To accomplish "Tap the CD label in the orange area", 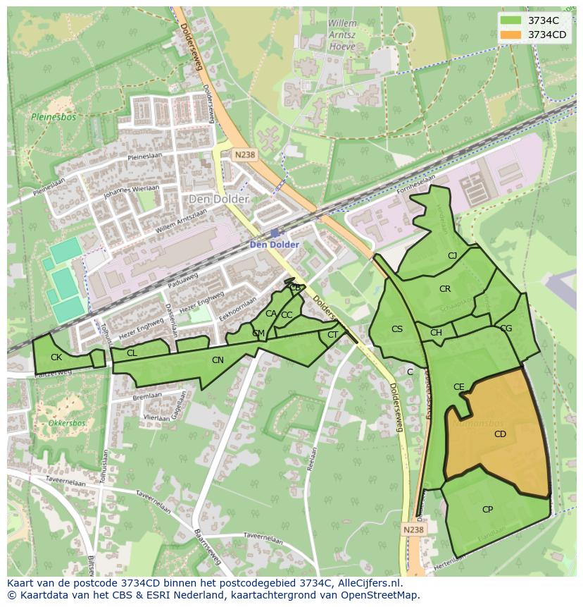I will pyautogui.click(x=500, y=434).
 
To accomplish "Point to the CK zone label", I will pyautogui.click(x=56, y=357).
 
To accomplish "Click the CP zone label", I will pyautogui.click(x=487, y=510).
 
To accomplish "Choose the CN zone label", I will pyautogui.click(x=218, y=360).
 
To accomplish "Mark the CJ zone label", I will pyautogui.click(x=452, y=256).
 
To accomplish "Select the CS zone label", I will pyautogui.click(x=397, y=329).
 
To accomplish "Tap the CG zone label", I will pyautogui.click(x=506, y=329).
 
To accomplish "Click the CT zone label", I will pyautogui.click(x=332, y=335).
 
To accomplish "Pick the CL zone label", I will pyautogui.click(x=132, y=353).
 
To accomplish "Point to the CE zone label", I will pyautogui.click(x=459, y=387).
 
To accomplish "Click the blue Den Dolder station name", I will pyautogui.click(x=275, y=245).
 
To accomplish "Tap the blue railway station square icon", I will pyautogui.click(x=274, y=233).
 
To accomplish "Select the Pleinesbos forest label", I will pyautogui.click(x=48, y=117).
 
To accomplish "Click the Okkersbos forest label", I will pyautogui.click(x=67, y=424).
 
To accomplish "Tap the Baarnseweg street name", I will pyautogui.click(x=208, y=547).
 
